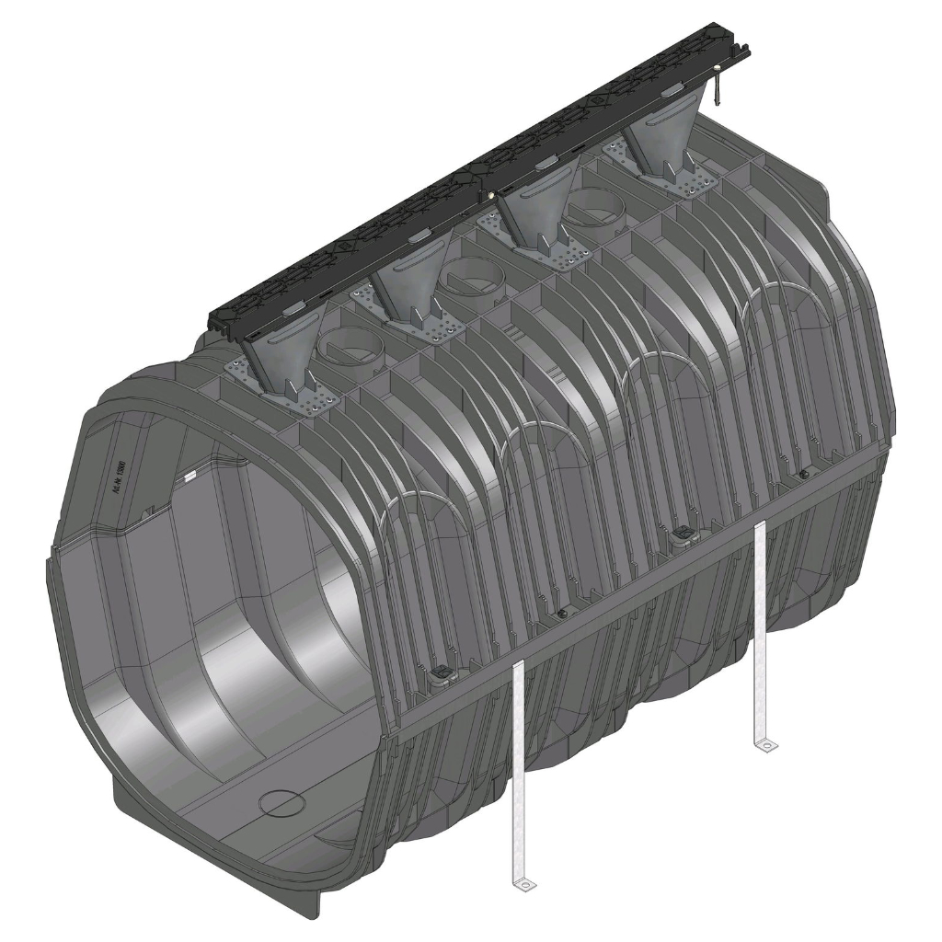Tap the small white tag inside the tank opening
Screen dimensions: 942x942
point(191,477)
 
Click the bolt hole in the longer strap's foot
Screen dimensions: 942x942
point(527,885)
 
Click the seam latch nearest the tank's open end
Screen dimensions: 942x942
point(440,677)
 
